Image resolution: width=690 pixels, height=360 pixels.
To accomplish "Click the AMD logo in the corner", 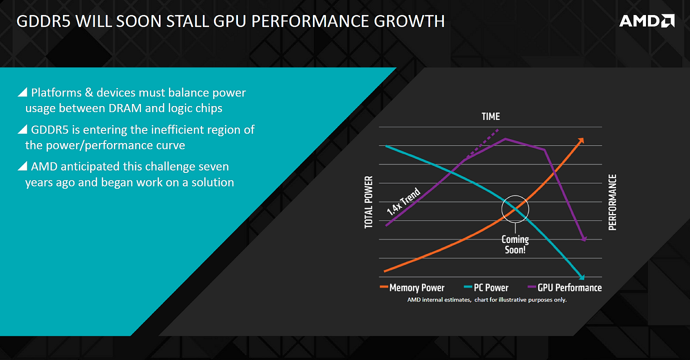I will [x=646, y=20].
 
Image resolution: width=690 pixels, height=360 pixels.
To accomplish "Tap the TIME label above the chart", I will [x=490, y=116].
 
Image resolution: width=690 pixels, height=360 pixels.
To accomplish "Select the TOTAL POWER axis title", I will [x=369, y=202].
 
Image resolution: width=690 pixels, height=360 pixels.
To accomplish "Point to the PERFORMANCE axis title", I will [x=612, y=202].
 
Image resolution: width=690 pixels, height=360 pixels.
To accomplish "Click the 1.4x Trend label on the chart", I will [x=403, y=202].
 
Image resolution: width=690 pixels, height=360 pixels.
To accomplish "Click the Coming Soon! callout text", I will [x=515, y=244].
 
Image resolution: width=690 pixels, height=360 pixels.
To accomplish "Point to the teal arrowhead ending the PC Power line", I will [x=581, y=276].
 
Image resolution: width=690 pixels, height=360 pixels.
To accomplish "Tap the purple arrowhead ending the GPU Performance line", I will [x=583, y=239].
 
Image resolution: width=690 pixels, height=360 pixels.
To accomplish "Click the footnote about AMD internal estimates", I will [x=486, y=300].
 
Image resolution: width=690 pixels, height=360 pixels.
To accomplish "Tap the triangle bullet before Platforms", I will [x=22, y=92].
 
